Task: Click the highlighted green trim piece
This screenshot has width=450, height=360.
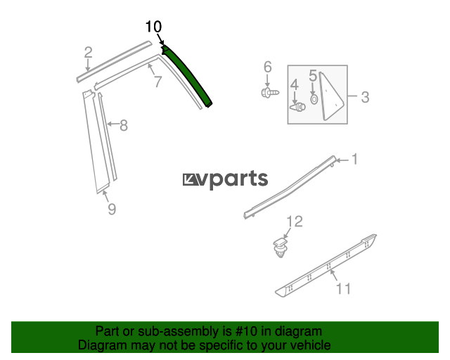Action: (188, 76)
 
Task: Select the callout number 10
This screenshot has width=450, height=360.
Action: (153, 27)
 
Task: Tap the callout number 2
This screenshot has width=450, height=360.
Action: (89, 53)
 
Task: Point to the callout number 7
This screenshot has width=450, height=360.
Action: (158, 82)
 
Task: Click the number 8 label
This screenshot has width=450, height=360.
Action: (124, 125)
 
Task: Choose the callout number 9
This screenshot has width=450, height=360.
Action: (112, 209)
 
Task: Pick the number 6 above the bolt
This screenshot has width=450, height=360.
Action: (267, 67)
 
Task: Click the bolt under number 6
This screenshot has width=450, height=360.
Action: (270, 92)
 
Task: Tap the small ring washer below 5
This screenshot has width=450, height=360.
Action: (314, 99)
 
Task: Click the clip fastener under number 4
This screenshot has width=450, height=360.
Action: (297, 107)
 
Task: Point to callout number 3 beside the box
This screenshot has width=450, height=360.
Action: (365, 97)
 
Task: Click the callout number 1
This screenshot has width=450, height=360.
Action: (355, 159)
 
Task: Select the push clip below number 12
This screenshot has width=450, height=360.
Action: (280, 247)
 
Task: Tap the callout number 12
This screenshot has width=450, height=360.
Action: (295, 221)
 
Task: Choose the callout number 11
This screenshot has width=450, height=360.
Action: (343, 288)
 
